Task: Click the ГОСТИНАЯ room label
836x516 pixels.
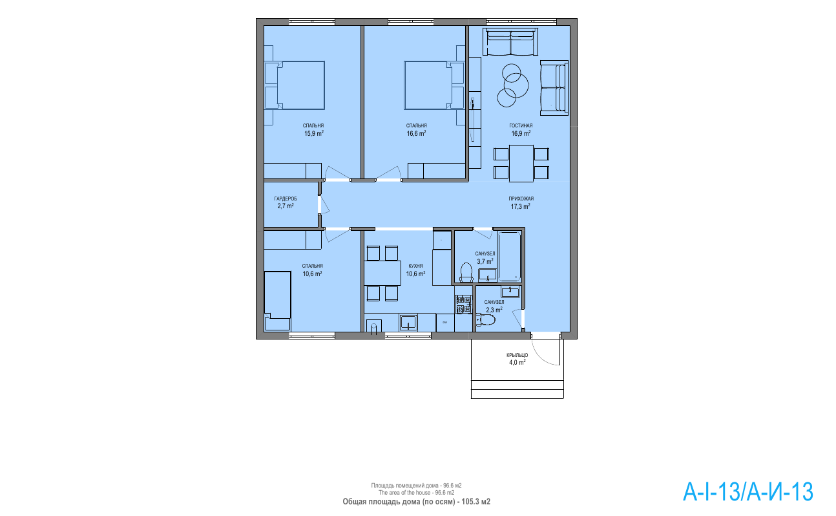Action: click(521, 125)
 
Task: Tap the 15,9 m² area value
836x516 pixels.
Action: click(313, 133)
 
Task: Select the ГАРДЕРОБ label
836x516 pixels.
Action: click(286, 199)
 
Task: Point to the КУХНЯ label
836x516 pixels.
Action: click(415, 266)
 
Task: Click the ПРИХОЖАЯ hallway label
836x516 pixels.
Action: click(521, 199)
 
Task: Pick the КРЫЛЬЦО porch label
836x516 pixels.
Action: click(517, 355)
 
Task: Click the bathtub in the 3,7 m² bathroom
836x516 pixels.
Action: click(510, 256)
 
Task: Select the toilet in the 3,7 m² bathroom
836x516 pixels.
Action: click(466, 272)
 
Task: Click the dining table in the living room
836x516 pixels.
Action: click(521, 164)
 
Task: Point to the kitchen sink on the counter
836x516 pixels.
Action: click(408, 323)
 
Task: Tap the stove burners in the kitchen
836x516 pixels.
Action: click(463, 304)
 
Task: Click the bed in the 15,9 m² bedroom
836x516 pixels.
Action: click(295, 85)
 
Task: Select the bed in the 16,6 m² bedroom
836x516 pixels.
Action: click(434, 85)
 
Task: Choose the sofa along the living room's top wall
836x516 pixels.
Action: click(510, 42)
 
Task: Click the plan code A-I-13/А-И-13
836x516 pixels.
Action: click(747, 491)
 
